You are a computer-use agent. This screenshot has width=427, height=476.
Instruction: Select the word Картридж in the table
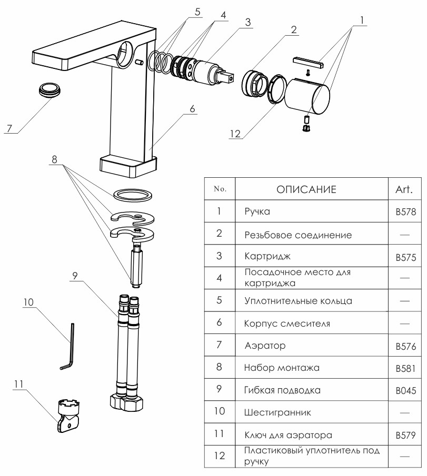click(x=267, y=258)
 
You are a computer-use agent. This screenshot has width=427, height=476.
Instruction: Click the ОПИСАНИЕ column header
click(x=306, y=189)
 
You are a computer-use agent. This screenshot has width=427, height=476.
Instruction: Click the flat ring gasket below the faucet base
click(x=134, y=195)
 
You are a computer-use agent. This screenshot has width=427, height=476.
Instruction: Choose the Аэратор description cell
click(x=265, y=346)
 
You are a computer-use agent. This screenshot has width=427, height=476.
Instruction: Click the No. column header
click(x=219, y=189)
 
